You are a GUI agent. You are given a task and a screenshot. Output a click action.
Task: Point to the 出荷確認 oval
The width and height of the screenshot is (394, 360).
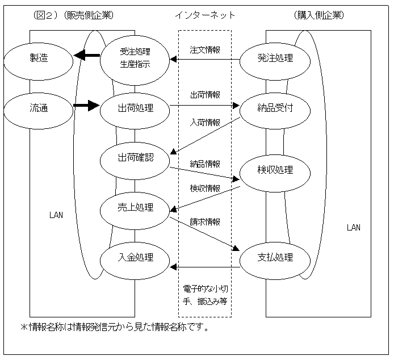[x=135, y=157]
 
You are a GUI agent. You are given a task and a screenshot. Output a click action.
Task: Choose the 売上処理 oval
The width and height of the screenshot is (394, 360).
[x=135, y=207]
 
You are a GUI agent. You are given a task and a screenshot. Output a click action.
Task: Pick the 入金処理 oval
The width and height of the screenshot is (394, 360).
[x=135, y=257]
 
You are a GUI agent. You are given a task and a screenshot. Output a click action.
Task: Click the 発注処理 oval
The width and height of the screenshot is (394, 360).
[x=275, y=57]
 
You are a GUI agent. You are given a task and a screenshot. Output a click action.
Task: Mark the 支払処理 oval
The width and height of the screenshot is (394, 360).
[x=275, y=257]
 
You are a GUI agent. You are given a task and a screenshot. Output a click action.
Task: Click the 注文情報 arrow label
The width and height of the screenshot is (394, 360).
[x=206, y=49]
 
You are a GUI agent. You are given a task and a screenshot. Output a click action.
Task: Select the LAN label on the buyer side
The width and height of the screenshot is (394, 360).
[x=353, y=228]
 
